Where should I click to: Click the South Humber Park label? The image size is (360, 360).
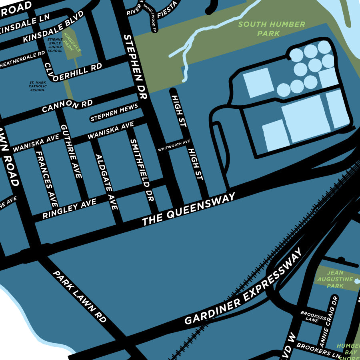coord(272,29)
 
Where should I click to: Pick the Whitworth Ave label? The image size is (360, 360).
coord(174,146)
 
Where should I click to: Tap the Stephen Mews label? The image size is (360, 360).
coord(114,113)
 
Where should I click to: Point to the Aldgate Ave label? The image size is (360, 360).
coord(107,181)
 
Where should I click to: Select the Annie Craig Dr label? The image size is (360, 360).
coord(329,320)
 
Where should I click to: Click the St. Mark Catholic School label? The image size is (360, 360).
coord(38,86)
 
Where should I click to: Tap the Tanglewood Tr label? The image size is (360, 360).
coord(148,16)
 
